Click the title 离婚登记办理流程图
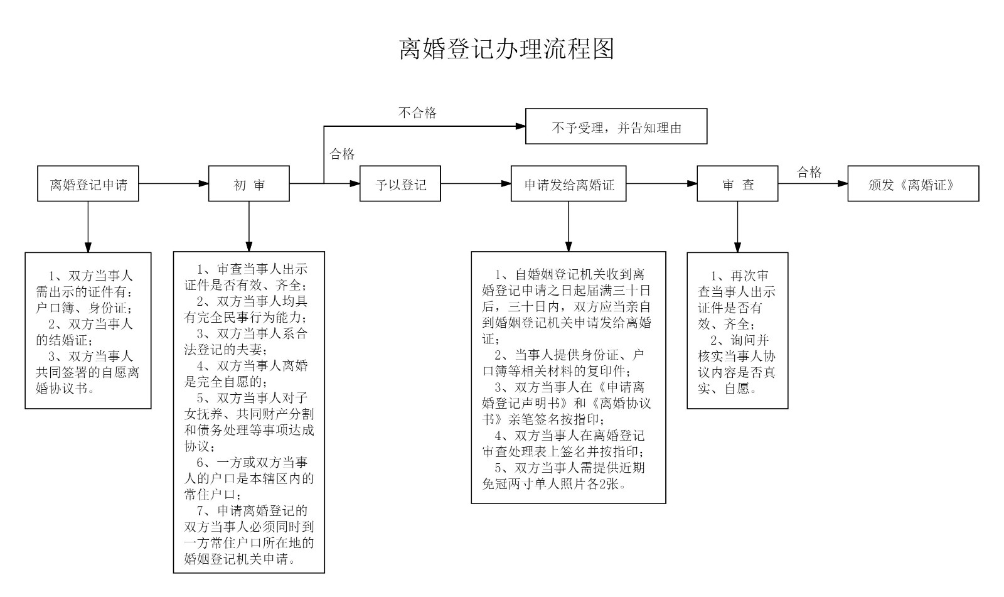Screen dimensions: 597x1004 [506, 48]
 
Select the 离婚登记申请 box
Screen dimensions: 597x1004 [88, 184]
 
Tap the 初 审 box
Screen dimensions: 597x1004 [249, 184]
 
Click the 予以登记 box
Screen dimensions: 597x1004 [400, 184]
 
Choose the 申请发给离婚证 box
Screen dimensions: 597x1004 [569, 184]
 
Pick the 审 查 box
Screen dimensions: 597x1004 [737, 184]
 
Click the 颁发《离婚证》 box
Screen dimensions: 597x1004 [913, 184]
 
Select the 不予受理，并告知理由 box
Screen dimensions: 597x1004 [616, 127]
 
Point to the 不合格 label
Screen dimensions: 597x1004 [417, 113]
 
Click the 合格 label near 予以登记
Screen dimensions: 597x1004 [342, 154]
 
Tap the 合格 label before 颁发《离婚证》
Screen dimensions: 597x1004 [809, 173]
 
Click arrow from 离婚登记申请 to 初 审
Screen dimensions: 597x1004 [173, 184]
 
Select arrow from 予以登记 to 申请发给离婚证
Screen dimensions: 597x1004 [476, 184]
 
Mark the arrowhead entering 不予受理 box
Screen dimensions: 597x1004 [520, 126]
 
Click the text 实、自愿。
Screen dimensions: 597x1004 [728, 389]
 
